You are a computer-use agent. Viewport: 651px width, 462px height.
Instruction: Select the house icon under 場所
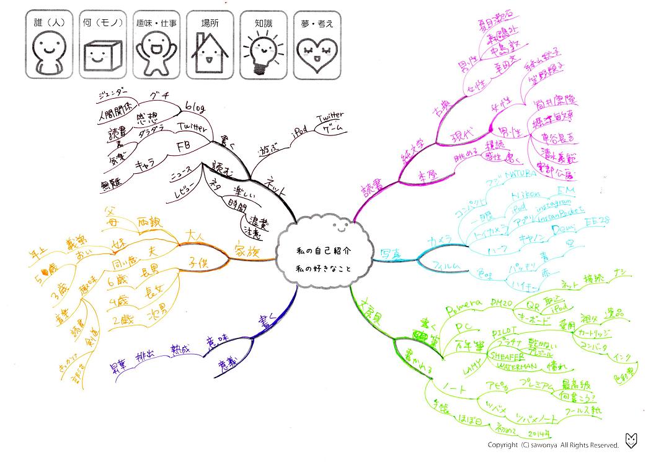coord(210,55)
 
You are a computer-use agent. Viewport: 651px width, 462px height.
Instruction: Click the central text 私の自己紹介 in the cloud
coord(323,251)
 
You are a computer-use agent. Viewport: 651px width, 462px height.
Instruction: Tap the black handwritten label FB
coord(184,147)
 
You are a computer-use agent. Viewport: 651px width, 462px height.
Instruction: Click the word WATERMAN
coord(506,366)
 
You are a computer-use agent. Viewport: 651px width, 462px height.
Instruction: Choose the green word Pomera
coord(464,306)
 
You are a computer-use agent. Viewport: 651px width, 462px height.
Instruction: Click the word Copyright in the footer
coord(503,445)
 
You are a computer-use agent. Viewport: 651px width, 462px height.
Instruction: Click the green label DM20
coord(503,302)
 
